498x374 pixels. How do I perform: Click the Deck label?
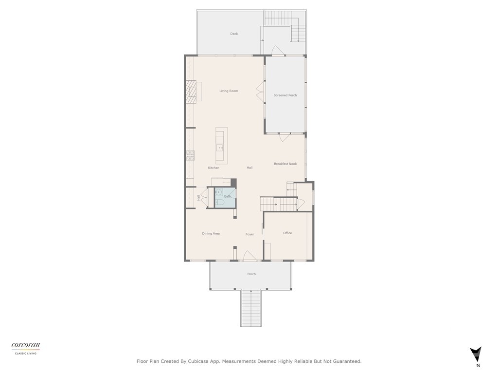(x=234, y=34)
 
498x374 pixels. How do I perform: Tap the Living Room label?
(x=229, y=91)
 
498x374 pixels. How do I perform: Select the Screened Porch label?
(x=285, y=95)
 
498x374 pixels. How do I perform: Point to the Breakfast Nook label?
(x=285, y=164)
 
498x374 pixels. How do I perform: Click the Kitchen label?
(x=213, y=168)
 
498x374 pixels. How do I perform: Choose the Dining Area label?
(x=211, y=234)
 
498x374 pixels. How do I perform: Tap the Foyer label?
(x=249, y=235)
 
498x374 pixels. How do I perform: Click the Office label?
(x=287, y=233)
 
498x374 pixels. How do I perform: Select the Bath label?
(x=228, y=196)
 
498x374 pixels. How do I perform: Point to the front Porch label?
(x=251, y=274)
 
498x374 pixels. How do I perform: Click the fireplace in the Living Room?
(x=191, y=92)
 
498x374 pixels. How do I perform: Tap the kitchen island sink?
(x=220, y=147)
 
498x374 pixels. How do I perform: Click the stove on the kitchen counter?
(x=190, y=156)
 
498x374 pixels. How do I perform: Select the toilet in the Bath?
(x=219, y=202)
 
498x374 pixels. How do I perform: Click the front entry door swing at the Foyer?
(x=249, y=256)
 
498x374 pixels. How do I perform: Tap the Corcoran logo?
(x=26, y=346)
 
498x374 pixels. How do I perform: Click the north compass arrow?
(x=476, y=354)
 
